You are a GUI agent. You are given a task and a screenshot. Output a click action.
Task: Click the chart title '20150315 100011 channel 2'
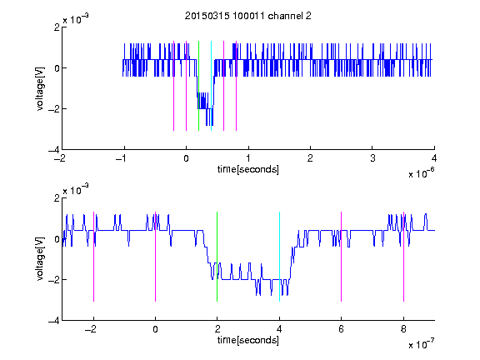pyautogui.click(x=248, y=16)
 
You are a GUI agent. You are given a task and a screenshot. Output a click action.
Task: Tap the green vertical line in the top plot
pyautogui.click(x=198, y=86)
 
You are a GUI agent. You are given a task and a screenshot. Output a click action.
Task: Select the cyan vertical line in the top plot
pyautogui.click(x=211, y=86)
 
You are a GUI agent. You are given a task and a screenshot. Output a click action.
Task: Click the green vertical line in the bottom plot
pyautogui.click(x=217, y=257)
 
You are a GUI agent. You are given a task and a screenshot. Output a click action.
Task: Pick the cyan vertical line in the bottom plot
pyautogui.click(x=279, y=257)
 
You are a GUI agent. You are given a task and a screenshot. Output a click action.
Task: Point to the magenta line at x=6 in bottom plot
pyautogui.click(x=342, y=257)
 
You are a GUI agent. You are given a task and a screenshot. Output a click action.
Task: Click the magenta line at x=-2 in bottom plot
pyautogui.click(x=93, y=257)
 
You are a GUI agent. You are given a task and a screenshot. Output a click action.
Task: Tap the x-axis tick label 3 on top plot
pyautogui.click(x=372, y=158)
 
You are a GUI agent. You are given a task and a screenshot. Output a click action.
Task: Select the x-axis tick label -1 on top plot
pyautogui.click(x=122, y=158)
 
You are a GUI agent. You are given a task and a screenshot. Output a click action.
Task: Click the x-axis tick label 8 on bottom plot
pyautogui.click(x=403, y=329)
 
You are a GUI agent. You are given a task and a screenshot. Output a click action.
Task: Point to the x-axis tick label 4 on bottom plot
pyautogui.click(x=279, y=329)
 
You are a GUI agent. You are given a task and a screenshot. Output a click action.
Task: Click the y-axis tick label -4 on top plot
pyautogui.click(x=54, y=150)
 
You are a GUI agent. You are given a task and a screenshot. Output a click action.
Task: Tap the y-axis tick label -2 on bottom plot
pyautogui.click(x=54, y=280)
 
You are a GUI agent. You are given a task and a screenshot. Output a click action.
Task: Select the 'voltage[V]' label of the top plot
pyautogui.click(x=40, y=88)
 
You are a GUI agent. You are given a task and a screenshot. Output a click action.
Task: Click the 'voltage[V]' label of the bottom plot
pyautogui.click(x=40, y=259)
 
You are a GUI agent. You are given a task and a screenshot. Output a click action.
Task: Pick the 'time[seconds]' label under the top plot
pyautogui.click(x=248, y=169)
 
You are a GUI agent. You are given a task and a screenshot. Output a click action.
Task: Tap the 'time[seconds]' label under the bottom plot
pyautogui.click(x=248, y=340)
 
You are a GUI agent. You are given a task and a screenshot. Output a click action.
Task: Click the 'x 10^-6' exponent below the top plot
pyautogui.click(x=422, y=173)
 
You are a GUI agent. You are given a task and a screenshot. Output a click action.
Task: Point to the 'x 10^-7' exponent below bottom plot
pyautogui.click(x=422, y=344)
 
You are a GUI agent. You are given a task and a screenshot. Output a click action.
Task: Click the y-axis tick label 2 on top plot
pyautogui.click(x=57, y=27)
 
